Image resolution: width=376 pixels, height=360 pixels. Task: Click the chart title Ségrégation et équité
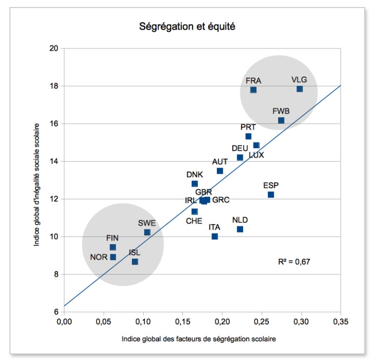point(187,27)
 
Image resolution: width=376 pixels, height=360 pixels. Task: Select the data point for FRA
point(253,90)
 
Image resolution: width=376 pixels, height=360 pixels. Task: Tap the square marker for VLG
point(299,89)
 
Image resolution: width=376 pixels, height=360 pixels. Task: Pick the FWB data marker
point(281,120)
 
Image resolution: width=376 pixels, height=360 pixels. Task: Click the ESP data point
point(271,194)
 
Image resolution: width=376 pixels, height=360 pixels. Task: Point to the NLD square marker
point(240,229)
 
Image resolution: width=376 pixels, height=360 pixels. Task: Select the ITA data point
point(214,236)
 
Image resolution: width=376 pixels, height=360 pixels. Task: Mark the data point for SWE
point(147,232)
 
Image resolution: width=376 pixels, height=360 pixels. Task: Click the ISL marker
point(135,262)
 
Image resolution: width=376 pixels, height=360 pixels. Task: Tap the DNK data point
point(195,183)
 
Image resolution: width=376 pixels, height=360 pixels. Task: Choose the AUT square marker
point(220,171)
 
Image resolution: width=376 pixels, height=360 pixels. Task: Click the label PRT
point(248,127)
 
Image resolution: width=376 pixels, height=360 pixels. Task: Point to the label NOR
point(98,257)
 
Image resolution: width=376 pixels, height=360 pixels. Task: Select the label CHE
point(194,221)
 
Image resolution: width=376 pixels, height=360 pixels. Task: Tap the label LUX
point(256,155)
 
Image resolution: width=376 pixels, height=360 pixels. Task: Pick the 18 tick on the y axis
point(54,86)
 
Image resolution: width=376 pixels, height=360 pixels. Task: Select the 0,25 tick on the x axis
point(262,322)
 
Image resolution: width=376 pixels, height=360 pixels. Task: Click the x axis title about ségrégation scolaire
point(199,340)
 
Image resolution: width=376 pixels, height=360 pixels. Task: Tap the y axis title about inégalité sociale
point(38,180)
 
